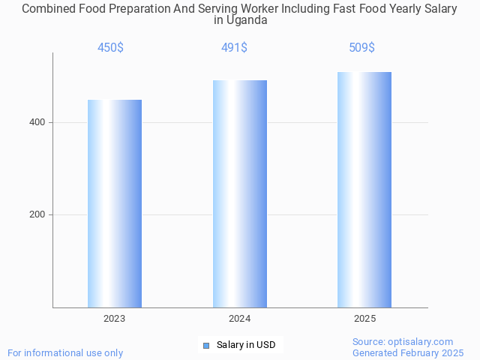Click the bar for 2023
click(x=115, y=203)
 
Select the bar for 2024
click(x=240, y=193)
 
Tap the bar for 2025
click(x=364, y=190)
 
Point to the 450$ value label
click(x=110, y=48)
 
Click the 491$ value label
click(x=234, y=48)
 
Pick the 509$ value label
click(x=361, y=48)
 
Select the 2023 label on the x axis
click(x=115, y=319)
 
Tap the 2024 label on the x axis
click(x=240, y=319)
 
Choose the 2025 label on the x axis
click(x=364, y=319)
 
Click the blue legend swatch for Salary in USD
click(x=206, y=345)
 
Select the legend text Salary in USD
click(x=246, y=345)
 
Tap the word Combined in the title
click(x=47, y=9)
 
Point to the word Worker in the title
click(x=279, y=9)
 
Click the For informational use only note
click(x=65, y=352)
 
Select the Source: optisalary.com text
click(x=403, y=341)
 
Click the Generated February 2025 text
click(x=408, y=352)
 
